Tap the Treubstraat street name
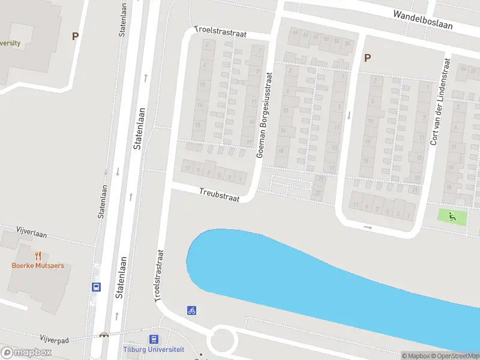(219, 194)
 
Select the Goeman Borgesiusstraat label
(264, 115)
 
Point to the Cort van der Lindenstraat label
(439, 102)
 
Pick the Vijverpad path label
(55, 340)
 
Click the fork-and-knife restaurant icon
(37, 255)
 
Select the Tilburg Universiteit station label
(154, 349)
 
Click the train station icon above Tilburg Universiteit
(154, 339)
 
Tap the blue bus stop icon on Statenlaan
(96, 287)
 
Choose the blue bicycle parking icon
(191, 310)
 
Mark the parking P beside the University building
(75, 36)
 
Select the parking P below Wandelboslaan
(367, 58)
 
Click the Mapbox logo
(26, 352)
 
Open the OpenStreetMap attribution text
(455, 356)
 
